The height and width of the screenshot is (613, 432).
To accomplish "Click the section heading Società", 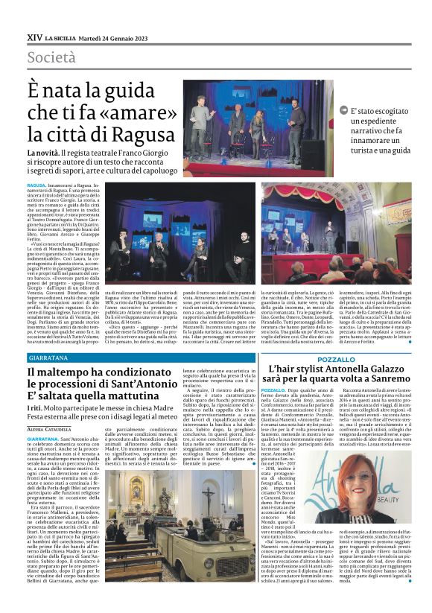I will coord(51,57).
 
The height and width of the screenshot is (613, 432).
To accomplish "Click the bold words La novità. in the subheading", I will coord(42,152).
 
